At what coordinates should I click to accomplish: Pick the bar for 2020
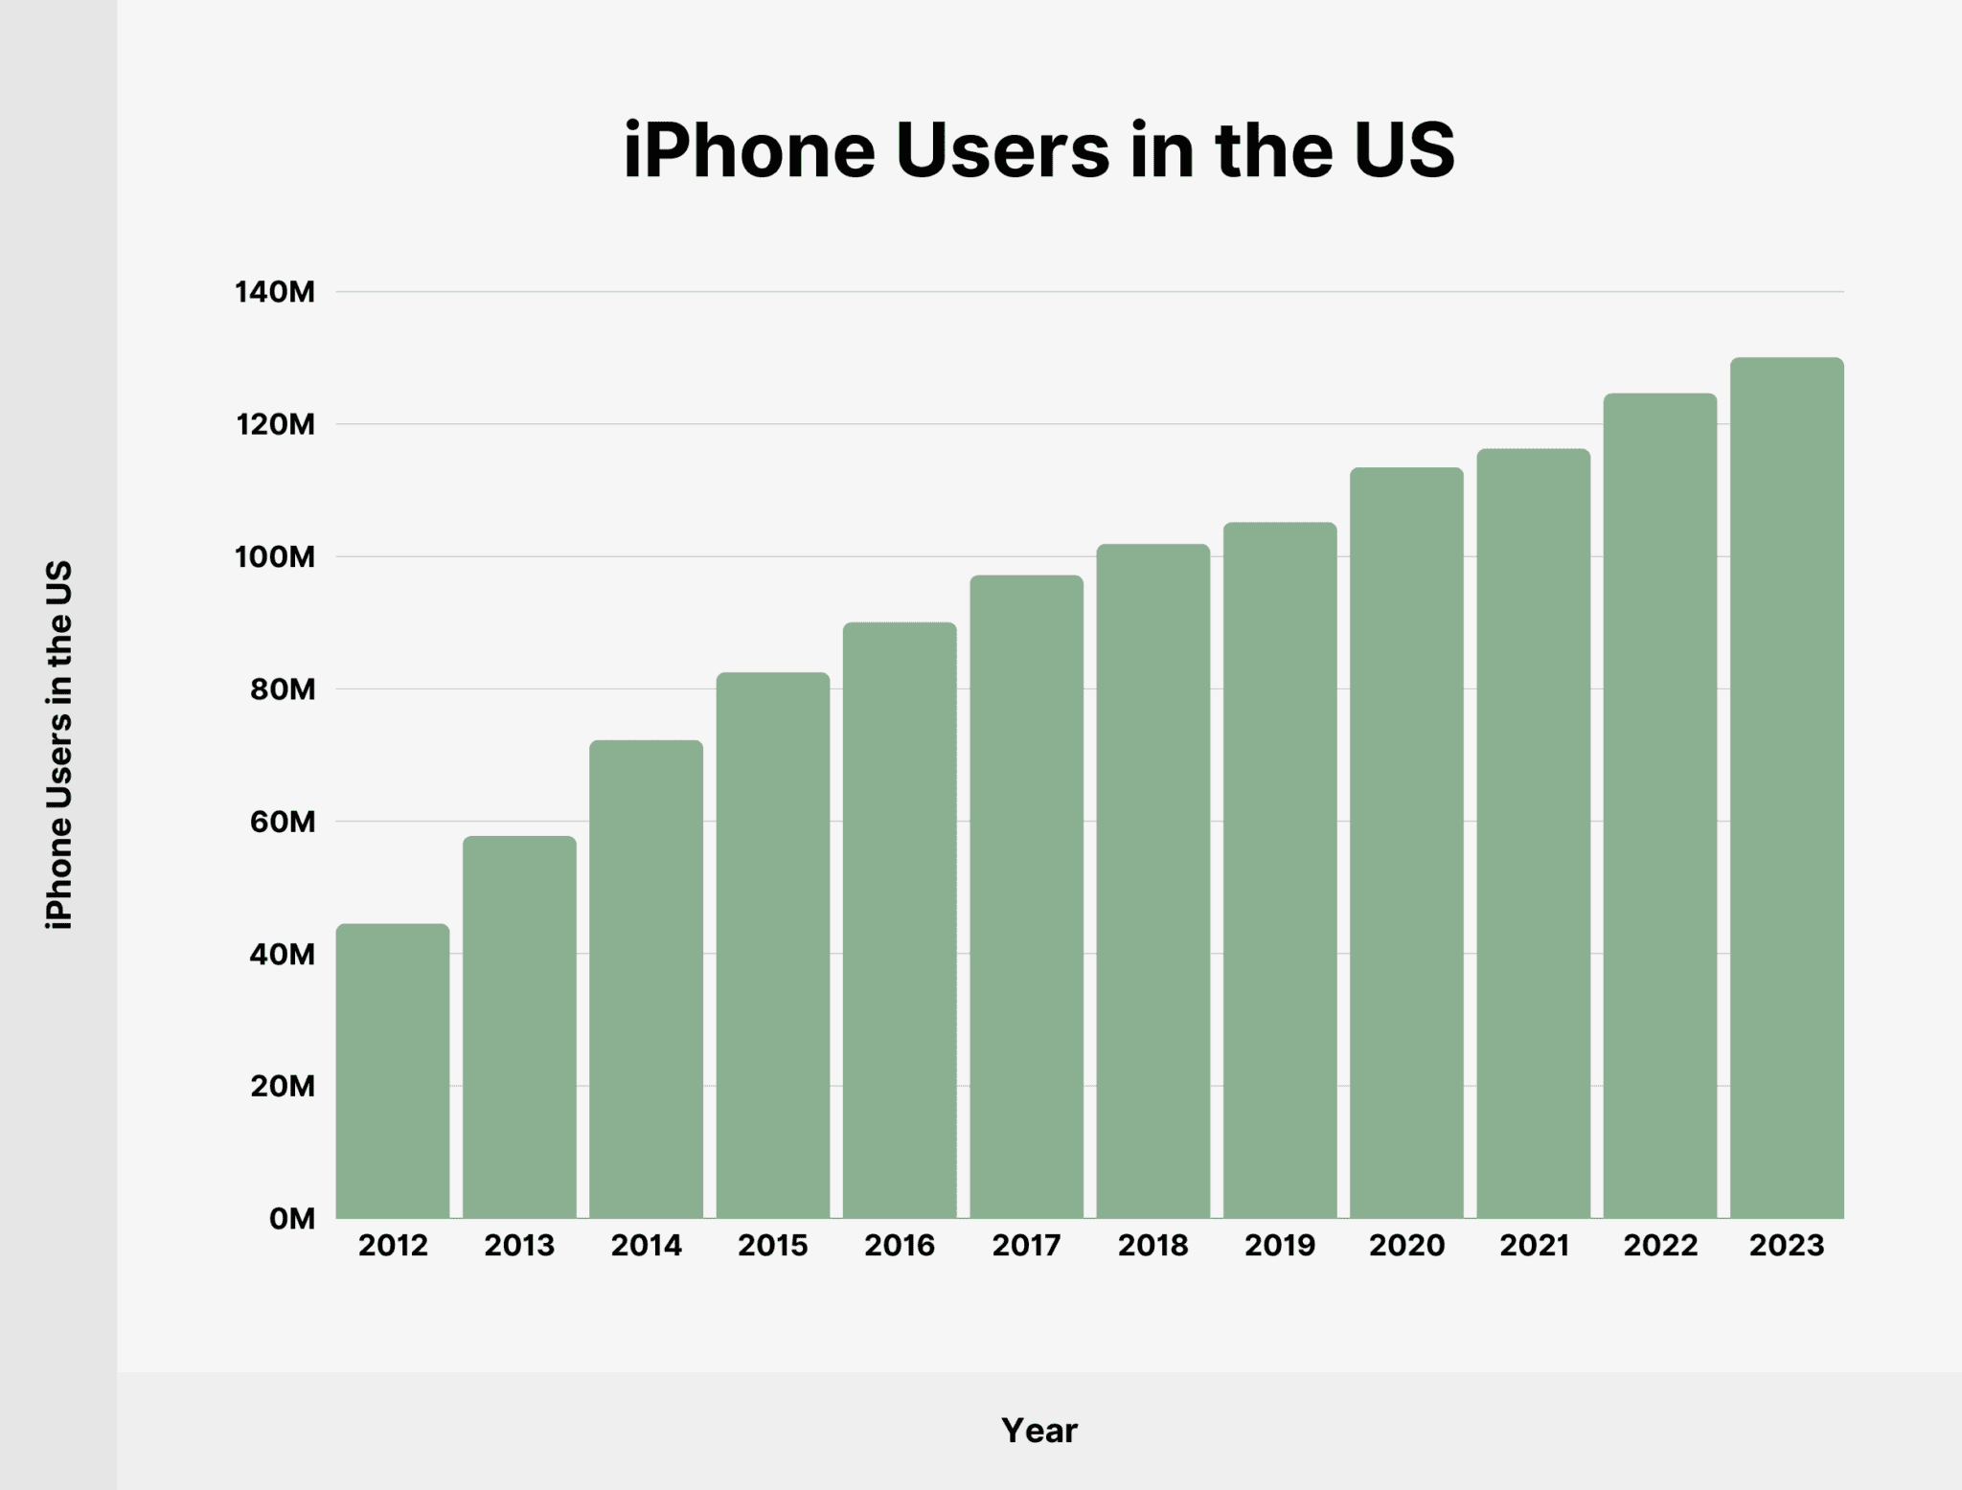coord(1406,843)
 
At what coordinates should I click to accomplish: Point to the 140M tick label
coord(275,292)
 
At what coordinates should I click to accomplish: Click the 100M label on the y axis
coord(275,556)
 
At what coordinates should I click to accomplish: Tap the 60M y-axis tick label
coord(283,822)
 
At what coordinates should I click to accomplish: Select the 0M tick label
coord(291,1219)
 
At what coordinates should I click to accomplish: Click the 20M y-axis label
coord(283,1086)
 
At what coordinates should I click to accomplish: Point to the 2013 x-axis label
coord(519,1246)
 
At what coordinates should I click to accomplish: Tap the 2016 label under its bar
coord(900,1246)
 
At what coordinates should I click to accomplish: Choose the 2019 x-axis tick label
coord(1280,1246)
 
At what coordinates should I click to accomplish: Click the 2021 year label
coord(1534,1246)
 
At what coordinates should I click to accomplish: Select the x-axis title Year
coord(1039,1431)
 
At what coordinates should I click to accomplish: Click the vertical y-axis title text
coord(59,745)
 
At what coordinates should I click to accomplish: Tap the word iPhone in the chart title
coord(748,151)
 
